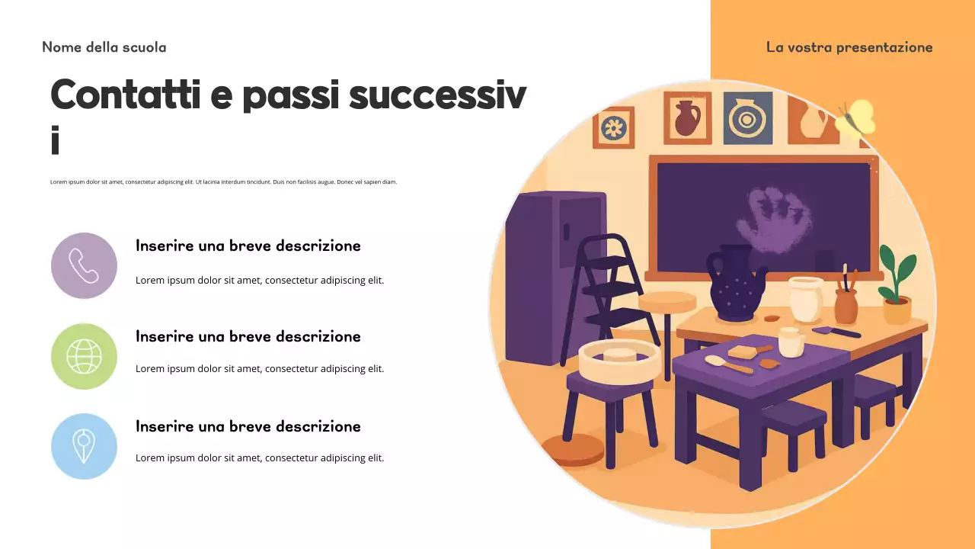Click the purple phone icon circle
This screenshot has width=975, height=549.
tap(84, 265)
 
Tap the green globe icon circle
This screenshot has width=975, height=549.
tap(84, 356)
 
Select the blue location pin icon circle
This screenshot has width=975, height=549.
tap(84, 446)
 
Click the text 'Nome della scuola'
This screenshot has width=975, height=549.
tap(104, 47)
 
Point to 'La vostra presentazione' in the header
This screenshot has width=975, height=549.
tap(849, 47)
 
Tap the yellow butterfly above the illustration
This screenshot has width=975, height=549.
tap(856, 118)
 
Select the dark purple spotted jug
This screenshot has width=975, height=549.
tap(736, 284)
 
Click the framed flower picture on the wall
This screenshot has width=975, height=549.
tap(613, 127)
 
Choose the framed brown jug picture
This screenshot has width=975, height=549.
tap(687, 117)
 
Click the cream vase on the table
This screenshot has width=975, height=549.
tap(806, 299)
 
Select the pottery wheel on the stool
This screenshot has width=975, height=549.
tap(619, 360)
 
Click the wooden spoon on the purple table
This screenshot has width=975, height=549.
tap(727, 364)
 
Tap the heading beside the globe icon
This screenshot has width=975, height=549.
tap(248, 336)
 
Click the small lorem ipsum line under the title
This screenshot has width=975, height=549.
tap(223, 182)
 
